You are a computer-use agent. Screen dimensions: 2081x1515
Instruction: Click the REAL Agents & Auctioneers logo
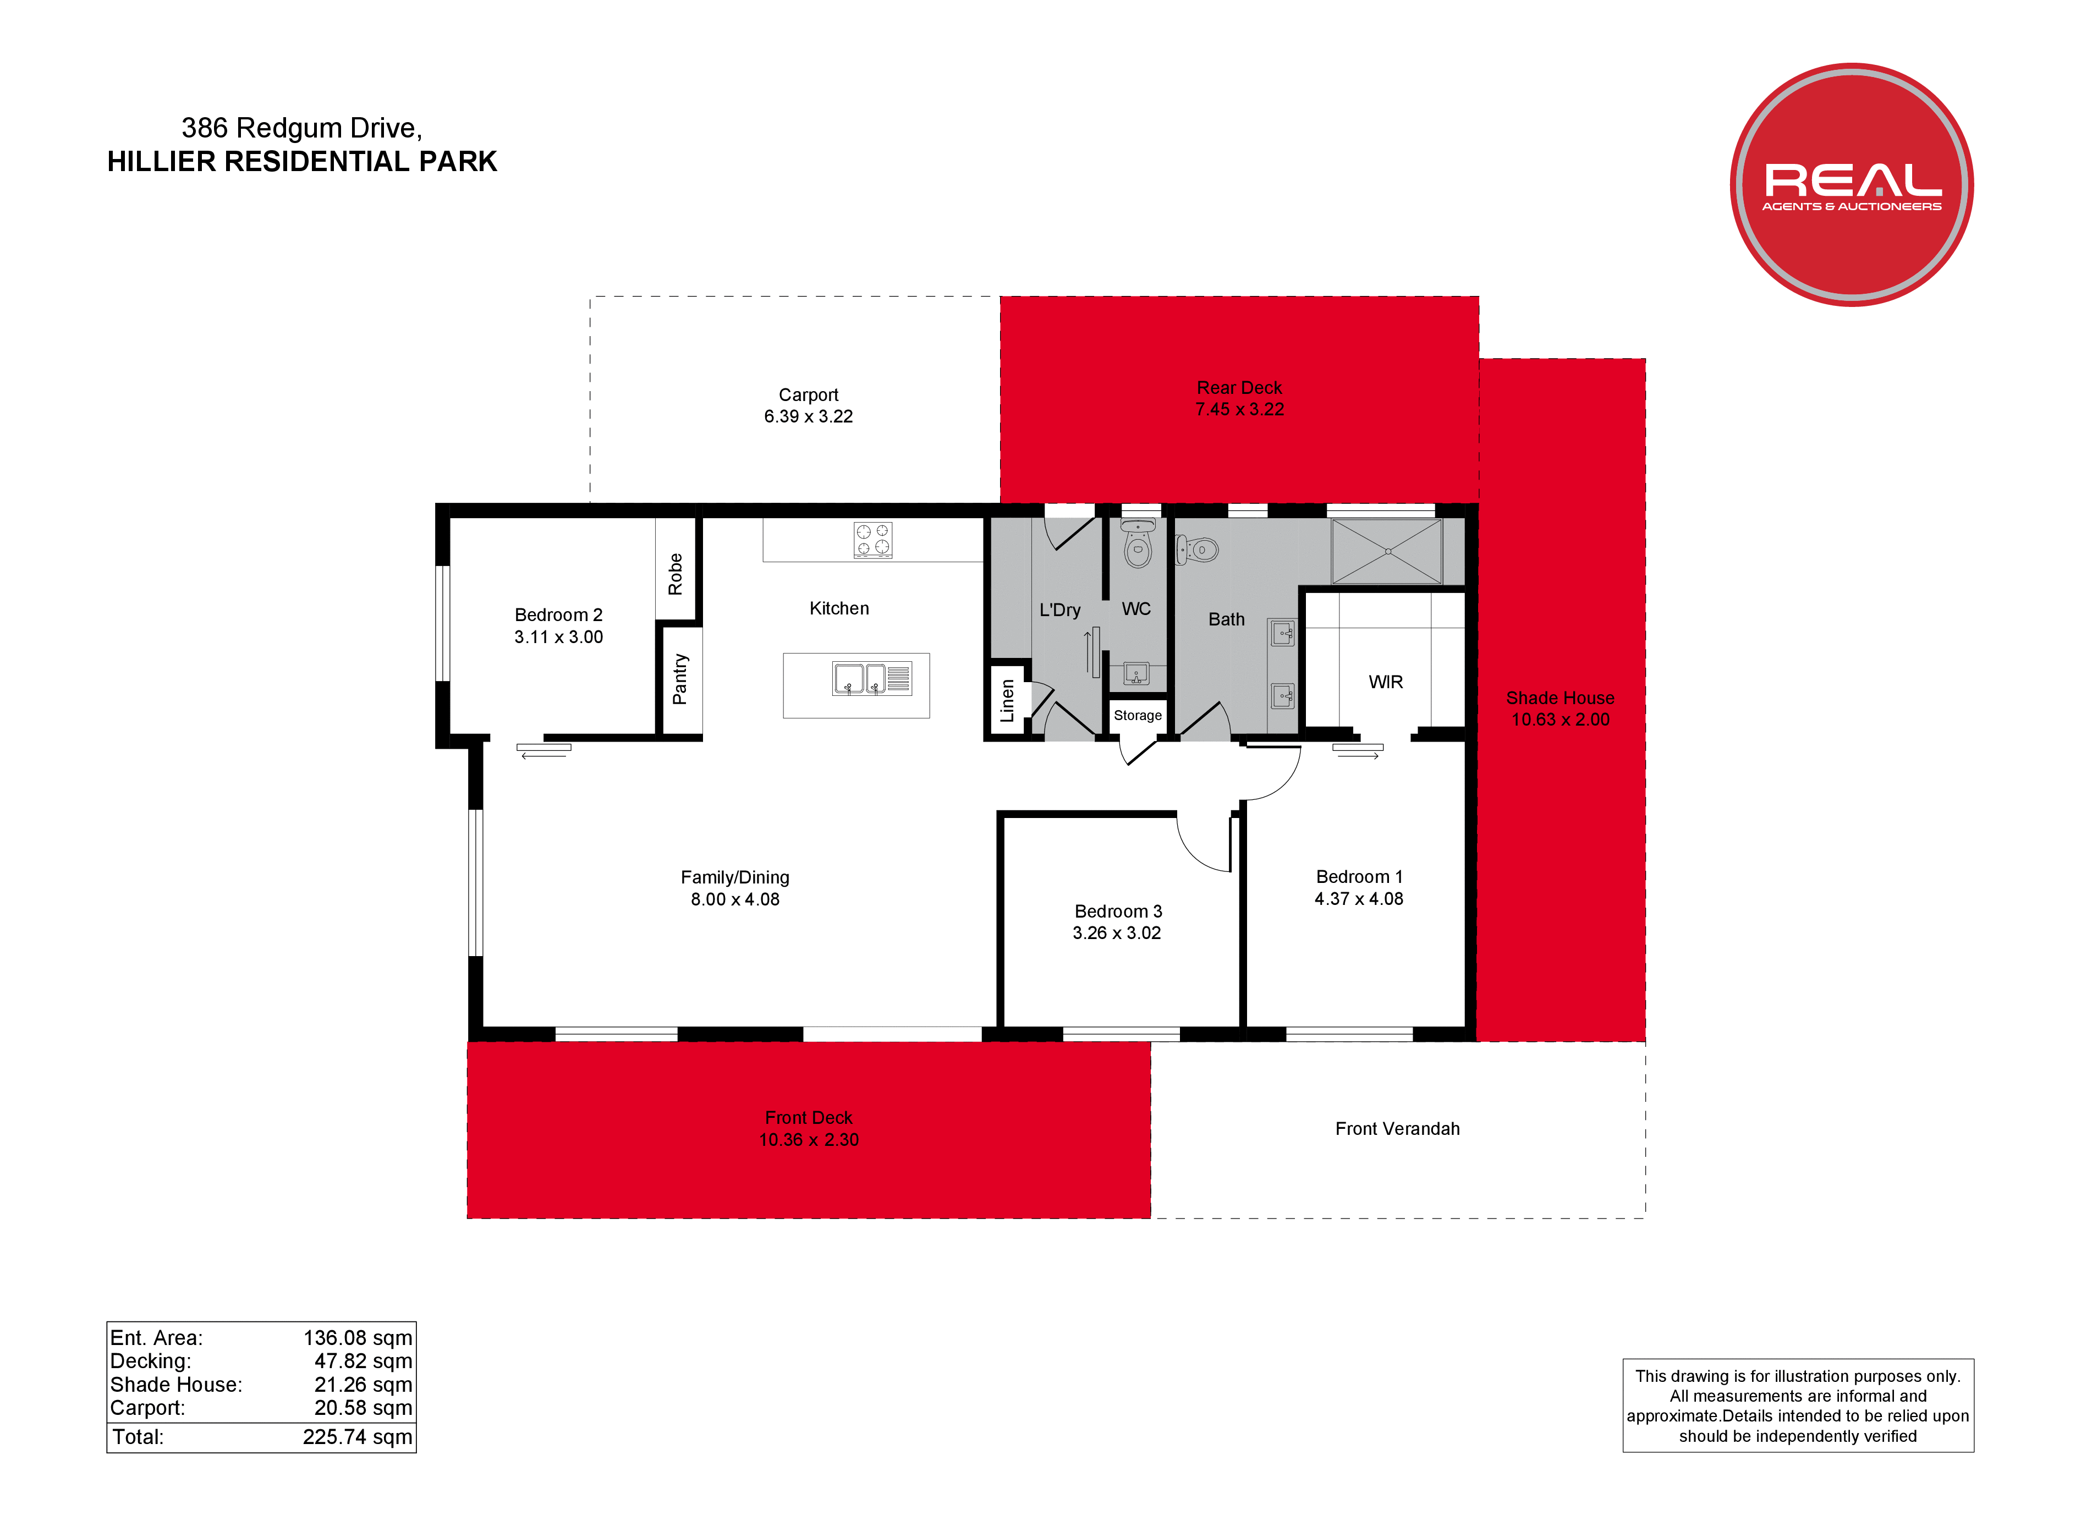[1852, 184]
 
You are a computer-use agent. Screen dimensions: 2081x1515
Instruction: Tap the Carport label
[808, 394]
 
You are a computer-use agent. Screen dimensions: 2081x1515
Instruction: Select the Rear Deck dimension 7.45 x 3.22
[1239, 409]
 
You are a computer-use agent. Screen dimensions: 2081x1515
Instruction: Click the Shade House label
[1560, 698]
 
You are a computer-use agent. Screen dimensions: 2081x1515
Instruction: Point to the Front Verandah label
[1397, 1129]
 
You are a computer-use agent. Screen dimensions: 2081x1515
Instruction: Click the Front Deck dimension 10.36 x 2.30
[808, 1140]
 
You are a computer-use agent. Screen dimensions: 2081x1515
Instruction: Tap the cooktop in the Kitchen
[872, 540]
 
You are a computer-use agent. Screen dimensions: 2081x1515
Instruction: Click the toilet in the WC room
[1138, 544]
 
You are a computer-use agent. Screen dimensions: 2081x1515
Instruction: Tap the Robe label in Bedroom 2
[676, 574]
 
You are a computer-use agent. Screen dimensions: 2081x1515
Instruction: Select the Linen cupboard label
[1007, 700]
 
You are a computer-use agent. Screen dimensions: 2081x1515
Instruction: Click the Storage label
[1138, 716]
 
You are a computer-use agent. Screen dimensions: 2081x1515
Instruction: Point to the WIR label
[1386, 682]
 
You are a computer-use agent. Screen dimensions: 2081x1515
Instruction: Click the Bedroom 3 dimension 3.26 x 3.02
[1117, 933]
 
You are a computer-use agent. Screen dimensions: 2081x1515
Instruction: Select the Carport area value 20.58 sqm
[364, 1408]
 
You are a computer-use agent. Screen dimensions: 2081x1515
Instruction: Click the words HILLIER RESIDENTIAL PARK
[302, 162]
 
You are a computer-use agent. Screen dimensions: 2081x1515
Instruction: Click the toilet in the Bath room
[1198, 550]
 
